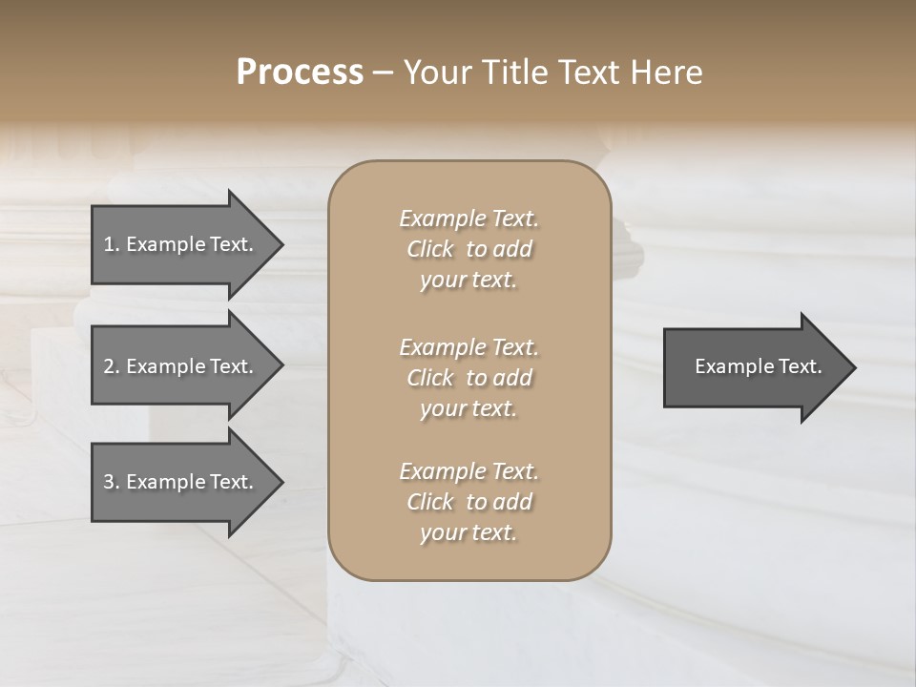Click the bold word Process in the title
(300, 73)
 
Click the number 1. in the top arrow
(112, 244)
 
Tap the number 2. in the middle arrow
(112, 366)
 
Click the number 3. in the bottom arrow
(112, 482)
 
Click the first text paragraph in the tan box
(468, 249)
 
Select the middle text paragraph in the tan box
(468, 378)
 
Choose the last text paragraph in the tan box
(468, 502)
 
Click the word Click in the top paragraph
(430, 249)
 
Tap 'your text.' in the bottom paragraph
(468, 533)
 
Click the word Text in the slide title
(586, 73)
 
